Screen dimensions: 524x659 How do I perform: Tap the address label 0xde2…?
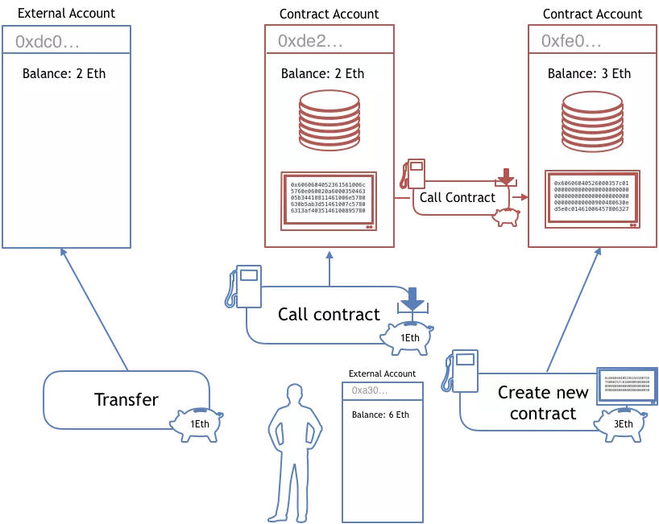[x=310, y=41]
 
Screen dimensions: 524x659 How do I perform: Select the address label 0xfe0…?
[x=570, y=41]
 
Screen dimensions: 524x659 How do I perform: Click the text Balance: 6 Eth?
[x=380, y=415]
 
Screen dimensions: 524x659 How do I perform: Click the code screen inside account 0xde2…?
[x=329, y=199]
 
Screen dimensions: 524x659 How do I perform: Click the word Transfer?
[x=126, y=399]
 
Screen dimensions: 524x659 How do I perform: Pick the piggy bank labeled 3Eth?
[x=620, y=423]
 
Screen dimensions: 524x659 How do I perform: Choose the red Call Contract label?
[x=458, y=197]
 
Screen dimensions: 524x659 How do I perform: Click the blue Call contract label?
[x=329, y=314]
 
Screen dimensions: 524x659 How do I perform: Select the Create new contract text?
[x=543, y=403]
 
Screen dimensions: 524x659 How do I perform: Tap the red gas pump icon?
[x=414, y=175]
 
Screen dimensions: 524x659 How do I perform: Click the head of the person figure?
[x=294, y=394]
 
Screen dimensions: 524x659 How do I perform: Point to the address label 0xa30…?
[x=370, y=390]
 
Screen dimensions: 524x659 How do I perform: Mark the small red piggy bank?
[x=505, y=216]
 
